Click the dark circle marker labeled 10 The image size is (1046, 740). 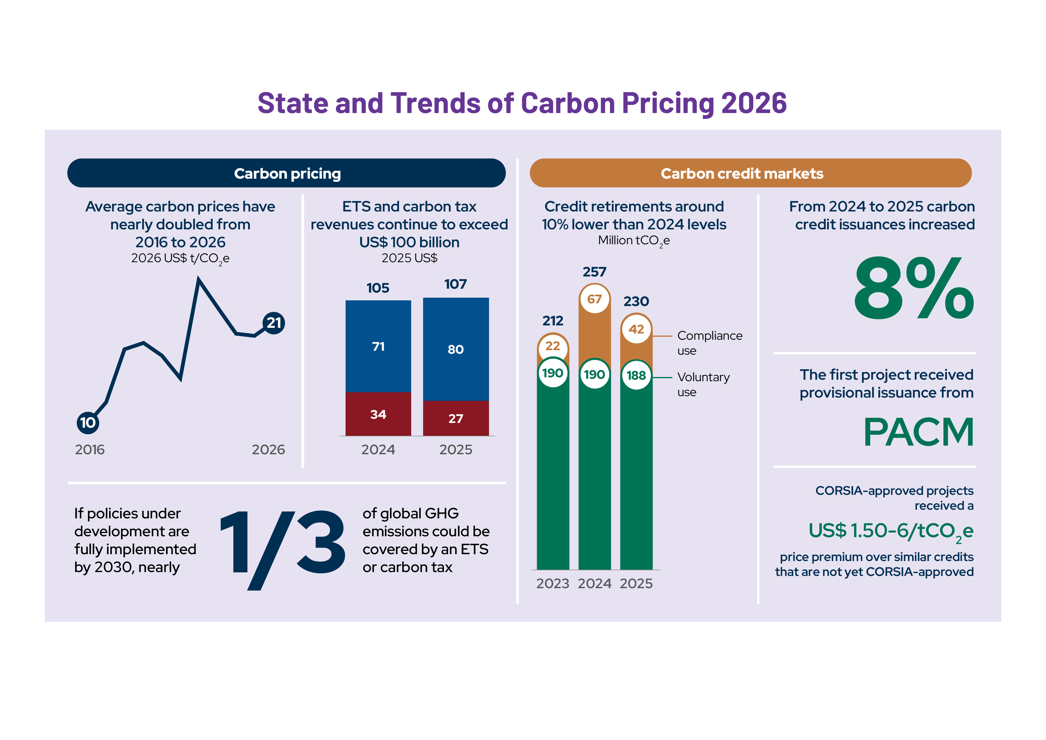88,422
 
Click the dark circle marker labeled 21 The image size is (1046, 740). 274,323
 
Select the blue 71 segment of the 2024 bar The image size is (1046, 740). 378,346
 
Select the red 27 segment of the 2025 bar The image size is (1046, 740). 456,418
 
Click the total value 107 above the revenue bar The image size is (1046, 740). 456,284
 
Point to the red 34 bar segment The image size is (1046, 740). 378,414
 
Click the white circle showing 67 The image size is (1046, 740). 595,299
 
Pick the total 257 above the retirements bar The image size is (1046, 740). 595,272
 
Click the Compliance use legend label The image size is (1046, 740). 710,343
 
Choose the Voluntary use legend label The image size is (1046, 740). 703,384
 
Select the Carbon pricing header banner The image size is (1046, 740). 287,173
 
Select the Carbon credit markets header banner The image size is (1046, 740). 751,173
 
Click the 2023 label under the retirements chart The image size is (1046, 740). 553,584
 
